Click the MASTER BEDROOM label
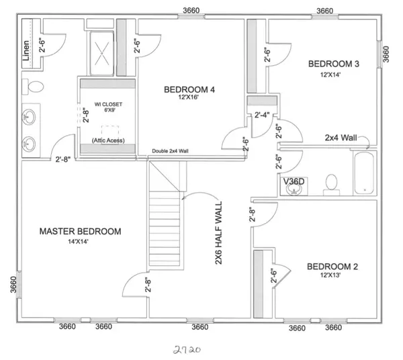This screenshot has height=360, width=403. pyautogui.click(x=80, y=232)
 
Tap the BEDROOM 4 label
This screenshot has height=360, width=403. pyautogui.click(x=189, y=89)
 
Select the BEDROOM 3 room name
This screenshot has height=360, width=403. pyautogui.click(x=334, y=64)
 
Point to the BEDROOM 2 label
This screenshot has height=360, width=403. pyautogui.click(x=332, y=267)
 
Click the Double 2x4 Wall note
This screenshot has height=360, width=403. pyautogui.click(x=170, y=152)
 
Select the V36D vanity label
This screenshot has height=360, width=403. pyautogui.click(x=294, y=180)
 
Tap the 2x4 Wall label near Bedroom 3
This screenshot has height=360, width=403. pyautogui.click(x=341, y=137)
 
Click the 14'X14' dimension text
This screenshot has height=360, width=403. pyautogui.click(x=80, y=241)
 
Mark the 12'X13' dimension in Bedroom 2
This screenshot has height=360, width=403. pyautogui.click(x=332, y=276)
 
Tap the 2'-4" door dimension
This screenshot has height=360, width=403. pyautogui.click(x=262, y=115)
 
